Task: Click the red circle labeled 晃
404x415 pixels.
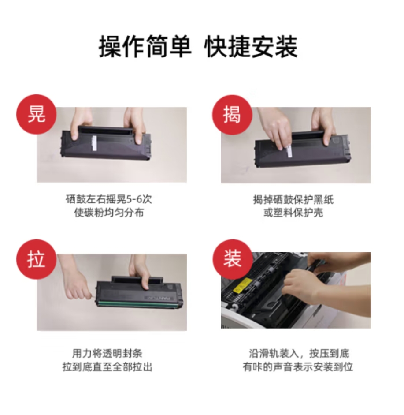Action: coord(37,114)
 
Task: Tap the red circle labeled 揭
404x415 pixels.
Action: coord(232,114)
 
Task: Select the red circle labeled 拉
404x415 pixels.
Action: coord(37,259)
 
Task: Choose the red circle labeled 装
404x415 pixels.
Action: coord(232,259)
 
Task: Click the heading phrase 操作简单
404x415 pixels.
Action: coord(145,47)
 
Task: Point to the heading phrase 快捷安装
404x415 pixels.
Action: coord(251,47)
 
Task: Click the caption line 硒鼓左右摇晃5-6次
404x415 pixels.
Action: coord(109,199)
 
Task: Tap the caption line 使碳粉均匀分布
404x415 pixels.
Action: coord(109,213)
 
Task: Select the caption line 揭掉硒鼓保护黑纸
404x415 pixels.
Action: coord(293,199)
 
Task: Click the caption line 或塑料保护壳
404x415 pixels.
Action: coord(293,213)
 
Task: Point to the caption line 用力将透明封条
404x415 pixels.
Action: coord(107,353)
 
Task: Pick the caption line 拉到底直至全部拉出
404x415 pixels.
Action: coord(107,367)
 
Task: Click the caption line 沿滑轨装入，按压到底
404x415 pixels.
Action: coord(299,353)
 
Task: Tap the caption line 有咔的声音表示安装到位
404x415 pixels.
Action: coord(298,367)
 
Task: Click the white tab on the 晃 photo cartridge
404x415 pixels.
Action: coord(94,143)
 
